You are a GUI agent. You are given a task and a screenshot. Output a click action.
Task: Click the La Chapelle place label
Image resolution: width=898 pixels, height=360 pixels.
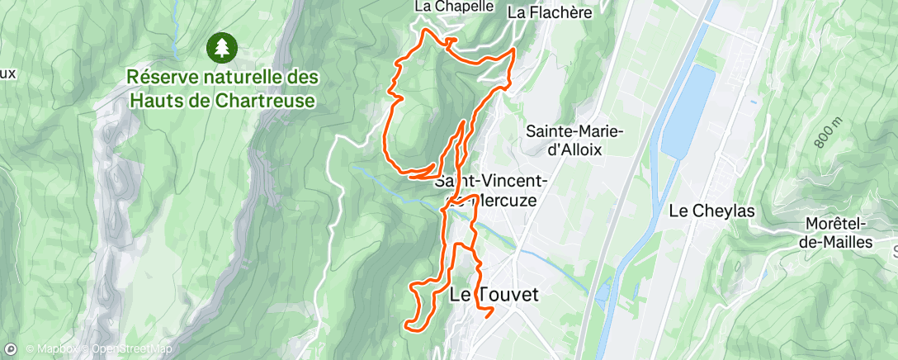coord(454,7)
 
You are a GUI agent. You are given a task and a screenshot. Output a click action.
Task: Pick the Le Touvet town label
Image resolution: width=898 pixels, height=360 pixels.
coord(494,294)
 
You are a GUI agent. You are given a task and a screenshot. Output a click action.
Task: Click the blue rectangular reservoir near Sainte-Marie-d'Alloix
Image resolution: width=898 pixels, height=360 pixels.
coord(690,111)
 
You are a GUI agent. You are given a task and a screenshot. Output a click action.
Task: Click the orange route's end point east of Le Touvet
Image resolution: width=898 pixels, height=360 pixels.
coord(492,311)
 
